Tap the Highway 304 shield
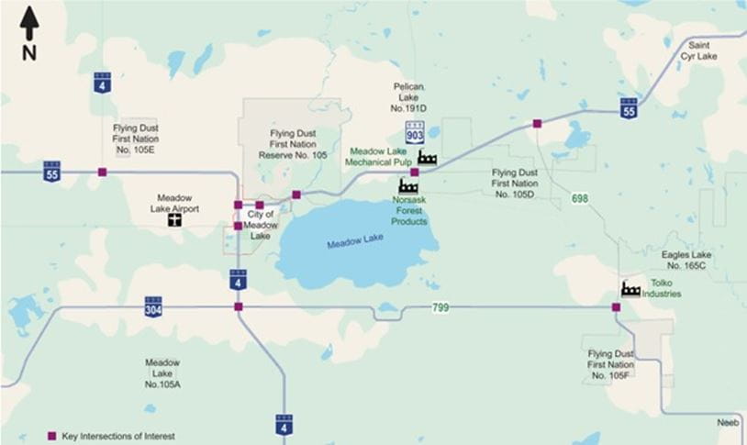pyautogui.click(x=153, y=306)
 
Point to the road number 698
pyautogui.click(x=579, y=199)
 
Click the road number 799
pyautogui.click(x=440, y=307)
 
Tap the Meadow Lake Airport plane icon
pyautogui.click(x=173, y=221)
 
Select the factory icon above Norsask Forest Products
pyautogui.click(x=408, y=187)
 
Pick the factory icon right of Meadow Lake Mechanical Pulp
pyautogui.click(x=427, y=157)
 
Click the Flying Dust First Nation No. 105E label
pyautogui.click(x=137, y=138)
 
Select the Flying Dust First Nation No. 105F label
pyautogui.click(x=611, y=364)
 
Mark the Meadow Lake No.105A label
pyautogui.click(x=162, y=373)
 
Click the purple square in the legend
pyautogui.click(x=51, y=436)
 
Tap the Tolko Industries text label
pyautogui.click(x=661, y=289)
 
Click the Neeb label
pyautogui.click(x=728, y=424)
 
